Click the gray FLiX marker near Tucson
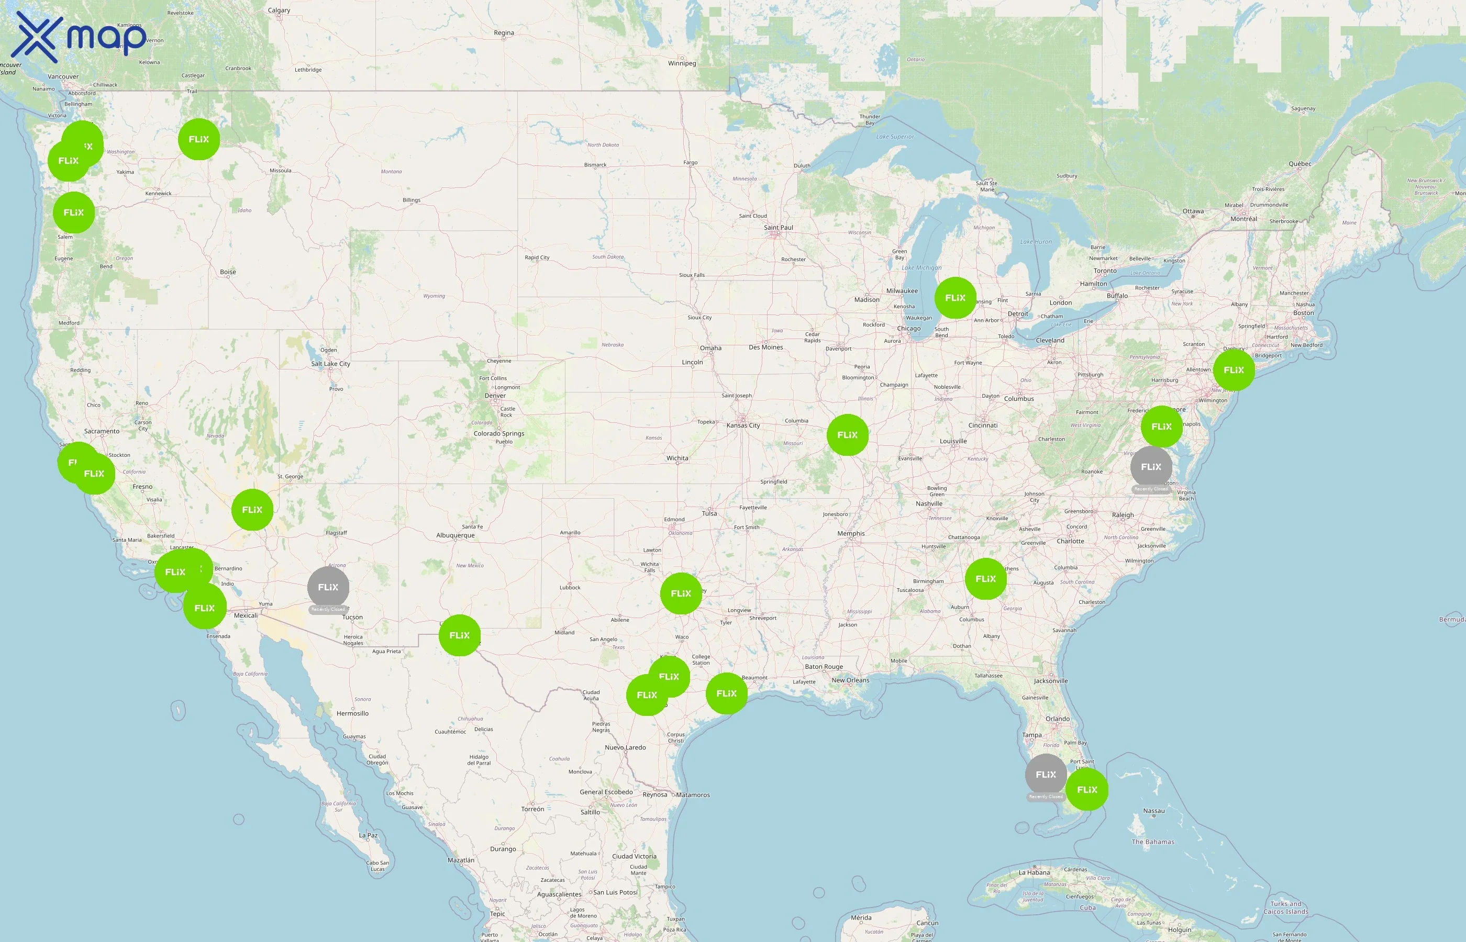point(328,587)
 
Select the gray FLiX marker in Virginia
point(1151,467)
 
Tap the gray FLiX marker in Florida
point(1046,775)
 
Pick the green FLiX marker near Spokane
point(199,139)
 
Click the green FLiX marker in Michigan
point(955,298)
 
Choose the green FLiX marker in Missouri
point(848,435)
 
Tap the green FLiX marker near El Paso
point(460,635)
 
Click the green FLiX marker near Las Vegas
point(252,510)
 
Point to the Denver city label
point(495,396)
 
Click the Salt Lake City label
point(330,364)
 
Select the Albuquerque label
point(455,535)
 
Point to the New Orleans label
point(850,680)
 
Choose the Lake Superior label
point(895,137)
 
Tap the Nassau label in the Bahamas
point(1154,811)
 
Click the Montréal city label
point(1243,219)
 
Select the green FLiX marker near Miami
point(1086,790)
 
